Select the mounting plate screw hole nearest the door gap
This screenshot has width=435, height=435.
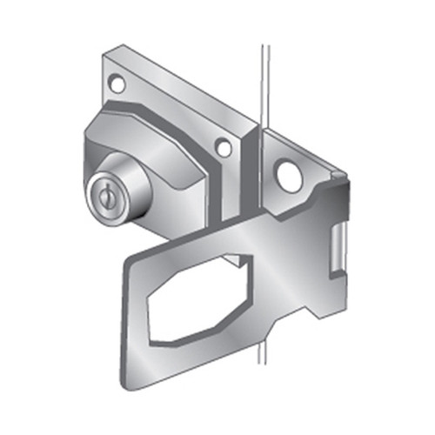(x=224, y=149)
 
